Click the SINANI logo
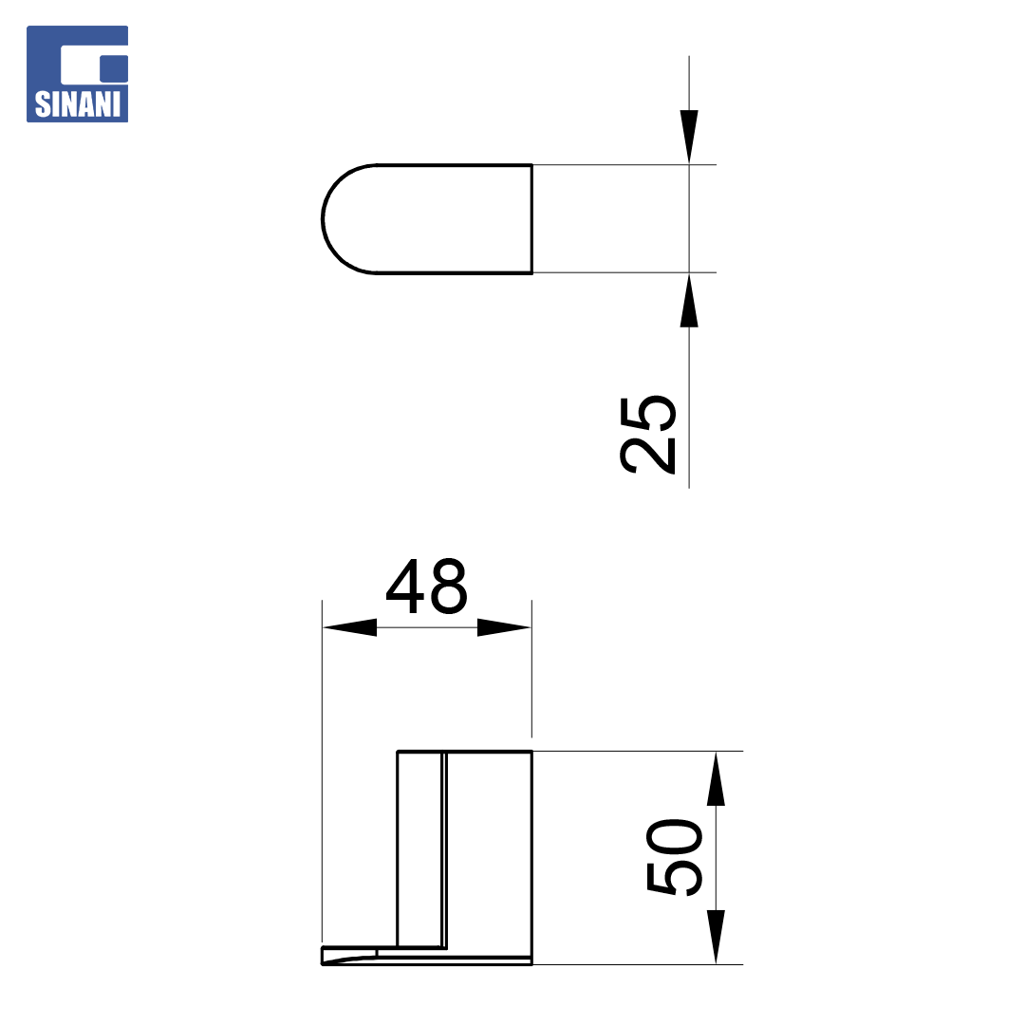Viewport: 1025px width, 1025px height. (x=77, y=74)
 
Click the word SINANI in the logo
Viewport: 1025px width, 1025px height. (x=77, y=104)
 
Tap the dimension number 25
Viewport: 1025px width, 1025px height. (x=647, y=435)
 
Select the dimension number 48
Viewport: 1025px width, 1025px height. (x=427, y=586)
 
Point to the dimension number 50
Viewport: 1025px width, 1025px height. (x=674, y=857)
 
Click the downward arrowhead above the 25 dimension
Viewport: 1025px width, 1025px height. (x=689, y=137)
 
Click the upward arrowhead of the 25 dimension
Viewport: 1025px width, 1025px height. (x=689, y=300)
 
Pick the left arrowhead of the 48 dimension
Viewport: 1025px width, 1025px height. (x=349, y=627)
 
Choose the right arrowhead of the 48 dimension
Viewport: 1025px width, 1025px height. (x=504, y=627)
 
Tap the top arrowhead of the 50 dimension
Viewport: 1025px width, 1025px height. (x=716, y=778)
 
